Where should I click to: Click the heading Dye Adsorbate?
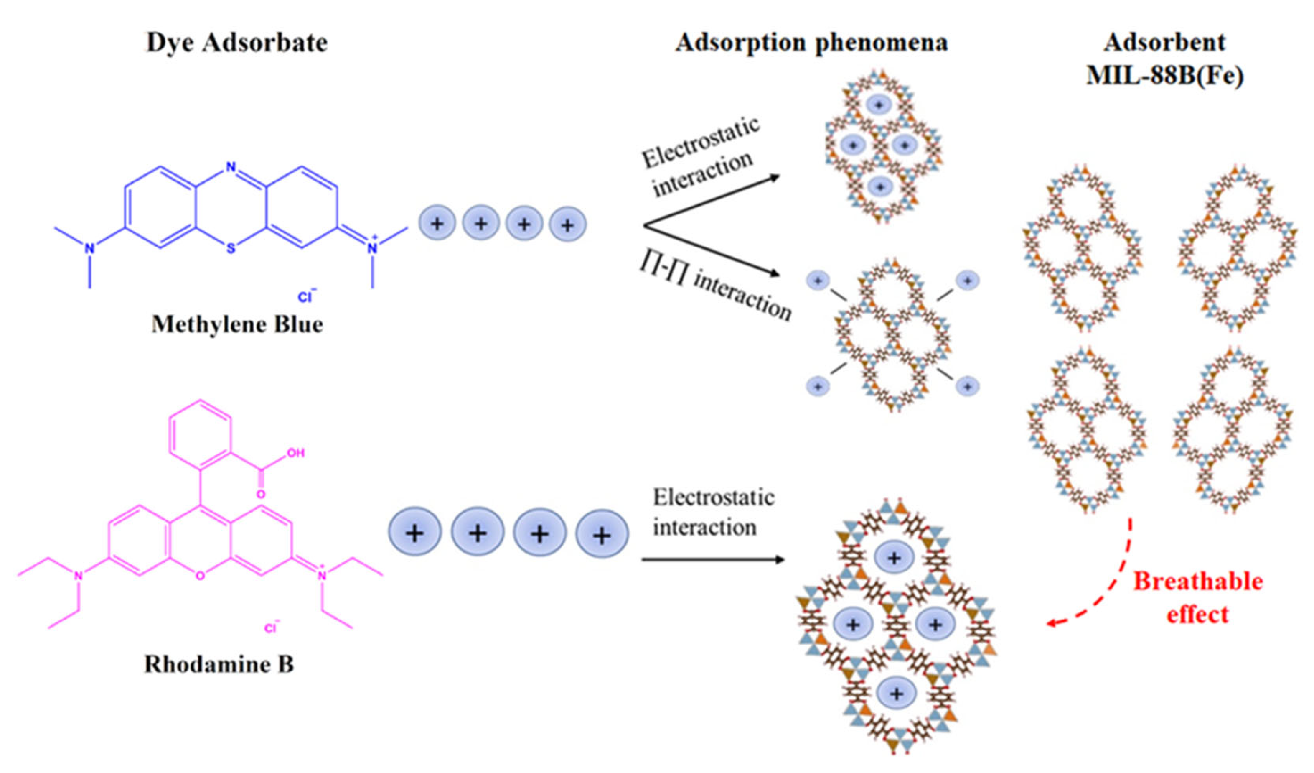click(x=237, y=43)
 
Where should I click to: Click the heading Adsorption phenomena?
click(x=811, y=43)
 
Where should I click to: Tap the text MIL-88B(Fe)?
click(x=1165, y=76)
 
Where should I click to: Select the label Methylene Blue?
click(x=237, y=324)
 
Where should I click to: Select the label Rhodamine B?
click(x=219, y=664)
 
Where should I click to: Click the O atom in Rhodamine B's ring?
click(x=201, y=575)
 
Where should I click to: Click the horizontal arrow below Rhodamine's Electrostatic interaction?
click(x=712, y=560)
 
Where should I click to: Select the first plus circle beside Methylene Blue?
click(x=437, y=223)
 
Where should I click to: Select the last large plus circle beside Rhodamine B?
click(x=602, y=534)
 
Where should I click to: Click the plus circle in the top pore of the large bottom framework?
click(x=894, y=558)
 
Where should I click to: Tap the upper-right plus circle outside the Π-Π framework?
click(x=967, y=281)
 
